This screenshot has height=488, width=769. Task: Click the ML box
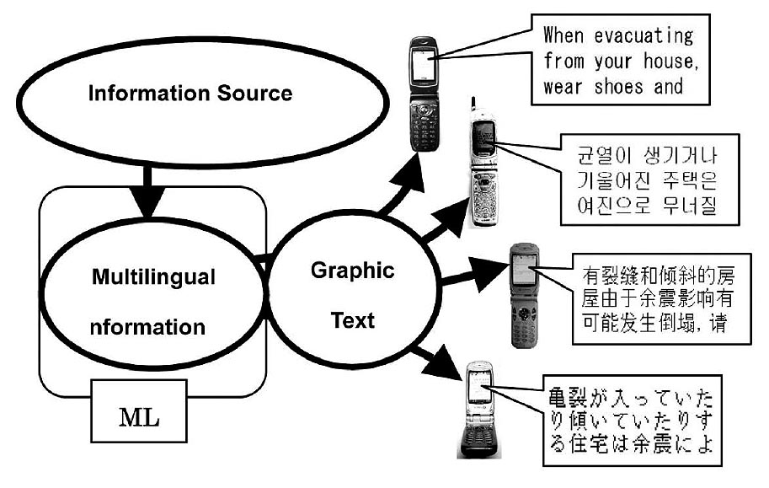point(139,411)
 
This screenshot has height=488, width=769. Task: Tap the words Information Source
point(190,93)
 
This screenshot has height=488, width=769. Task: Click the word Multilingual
point(153,278)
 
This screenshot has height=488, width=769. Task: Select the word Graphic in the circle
point(353,271)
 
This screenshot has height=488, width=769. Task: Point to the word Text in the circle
point(353,320)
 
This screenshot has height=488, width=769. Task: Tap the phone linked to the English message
point(425,94)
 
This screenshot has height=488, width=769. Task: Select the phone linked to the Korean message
point(483,162)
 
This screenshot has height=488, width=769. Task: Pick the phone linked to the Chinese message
point(524,296)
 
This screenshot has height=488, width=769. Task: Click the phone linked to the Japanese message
point(479,410)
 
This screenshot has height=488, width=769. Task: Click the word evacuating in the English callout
point(644,36)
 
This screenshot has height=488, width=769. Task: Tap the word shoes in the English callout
point(618,87)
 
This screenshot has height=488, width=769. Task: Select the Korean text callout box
point(650,180)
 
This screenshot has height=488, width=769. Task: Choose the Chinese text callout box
point(661,299)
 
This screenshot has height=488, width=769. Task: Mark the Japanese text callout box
point(633,421)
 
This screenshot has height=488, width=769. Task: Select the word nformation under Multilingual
point(147,328)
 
